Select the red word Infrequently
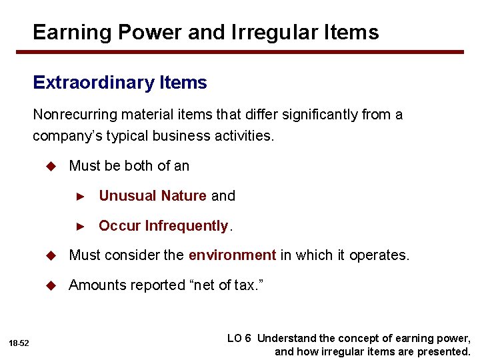(187, 226)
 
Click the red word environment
(232, 255)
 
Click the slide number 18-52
(19, 343)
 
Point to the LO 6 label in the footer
(239, 338)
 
